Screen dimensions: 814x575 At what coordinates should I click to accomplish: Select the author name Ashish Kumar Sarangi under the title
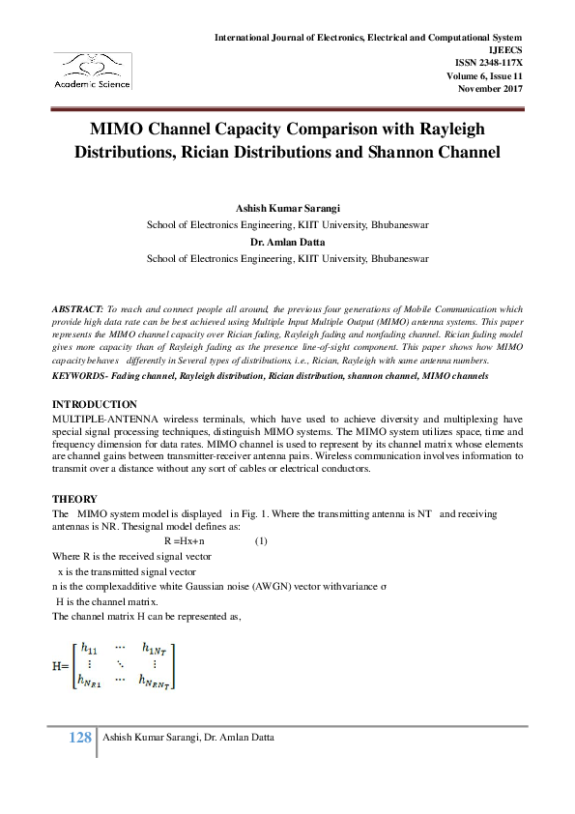tap(287, 209)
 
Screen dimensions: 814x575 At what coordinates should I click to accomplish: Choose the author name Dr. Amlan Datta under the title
tap(287, 242)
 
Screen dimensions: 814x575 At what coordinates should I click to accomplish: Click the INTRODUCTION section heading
tap(95, 403)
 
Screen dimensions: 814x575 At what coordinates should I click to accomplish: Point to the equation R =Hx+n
tap(191, 541)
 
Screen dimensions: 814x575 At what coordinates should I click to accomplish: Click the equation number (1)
tap(260, 541)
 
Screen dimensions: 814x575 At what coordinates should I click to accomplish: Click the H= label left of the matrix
tap(60, 666)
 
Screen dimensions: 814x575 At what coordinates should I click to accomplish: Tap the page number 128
tap(80, 738)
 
